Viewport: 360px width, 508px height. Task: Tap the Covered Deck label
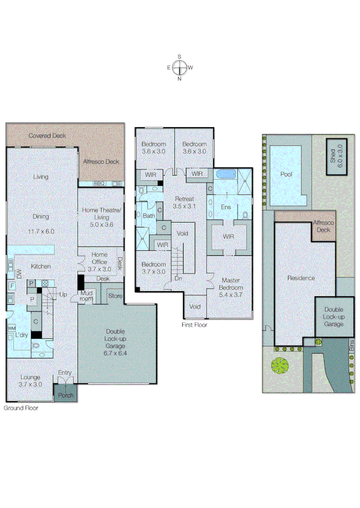pyautogui.click(x=48, y=135)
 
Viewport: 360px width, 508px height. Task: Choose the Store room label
pyautogui.click(x=115, y=296)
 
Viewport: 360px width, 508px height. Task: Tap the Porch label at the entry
pyautogui.click(x=65, y=395)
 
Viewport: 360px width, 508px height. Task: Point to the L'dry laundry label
pyautogui.click(x=20, y=335)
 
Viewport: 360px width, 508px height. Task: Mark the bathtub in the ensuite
pyautogui.click(x=225, y=175)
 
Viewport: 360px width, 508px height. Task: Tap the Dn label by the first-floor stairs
pyautogui.click(x=178, y=278)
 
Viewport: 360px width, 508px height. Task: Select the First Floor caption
pyautogui.click(x=194, y=325)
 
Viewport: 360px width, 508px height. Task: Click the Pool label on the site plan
pyautogui.click(x=286, y=174)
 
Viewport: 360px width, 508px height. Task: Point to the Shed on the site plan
pyautogui.click(x=336, y=156)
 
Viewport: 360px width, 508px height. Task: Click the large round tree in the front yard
pyautogui.click(x=280, y=365)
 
